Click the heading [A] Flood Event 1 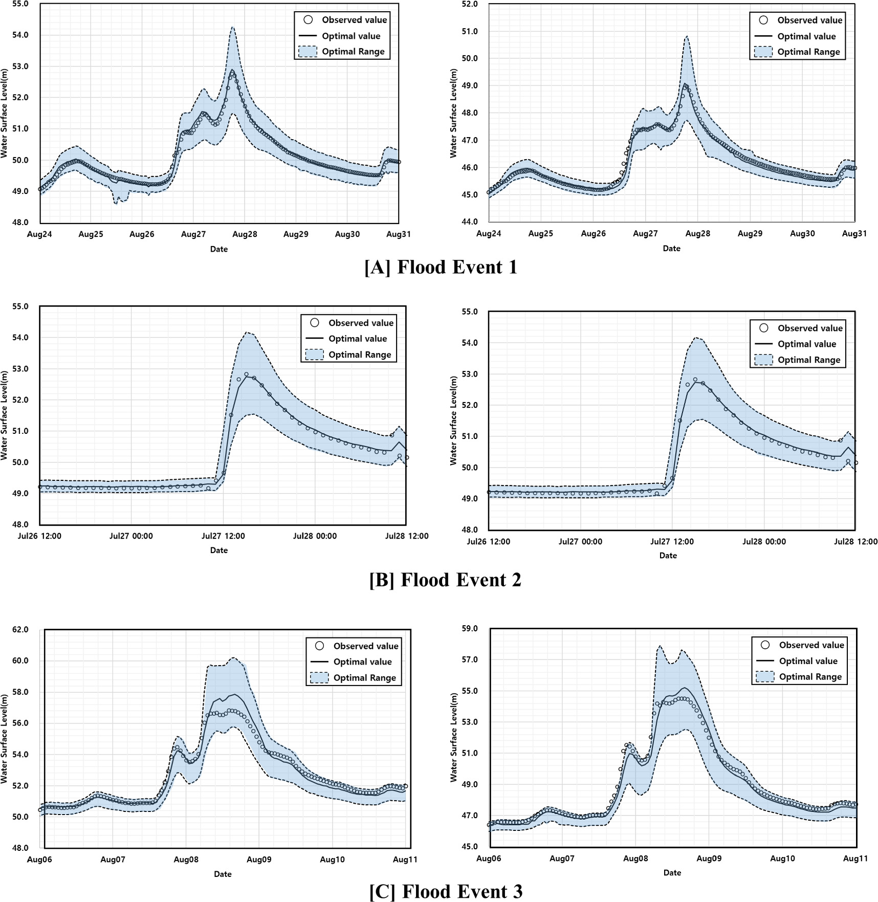pos(441,268)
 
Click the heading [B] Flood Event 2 pos(445,580)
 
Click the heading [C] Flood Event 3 pos(446,891)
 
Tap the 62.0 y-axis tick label pos(20,630)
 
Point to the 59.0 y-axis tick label pos(470,629)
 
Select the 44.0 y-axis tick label pos(470,222)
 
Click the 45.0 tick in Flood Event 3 pos(470,847)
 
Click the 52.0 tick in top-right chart pos(470,4)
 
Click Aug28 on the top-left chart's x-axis pos(245,234)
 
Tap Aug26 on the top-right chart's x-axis pos(593,234)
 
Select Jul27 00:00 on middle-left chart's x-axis pos(131,536)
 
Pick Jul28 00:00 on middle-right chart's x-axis pos(764,542)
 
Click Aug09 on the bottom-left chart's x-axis pos(259,860)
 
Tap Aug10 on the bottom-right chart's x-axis pos(782,859)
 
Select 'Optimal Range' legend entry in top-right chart pos(808,52)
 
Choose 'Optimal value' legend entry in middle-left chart pos(358,339)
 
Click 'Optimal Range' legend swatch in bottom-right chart pos(764,677)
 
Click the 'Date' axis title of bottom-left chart pos(223,874)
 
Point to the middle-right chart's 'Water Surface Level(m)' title pos(453,421)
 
